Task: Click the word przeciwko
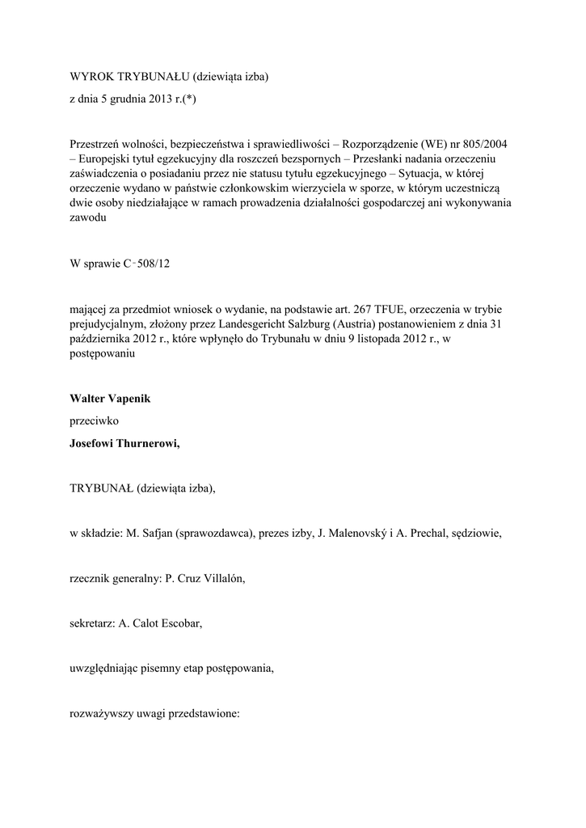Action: pyautogui.click(x=95, y=421)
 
